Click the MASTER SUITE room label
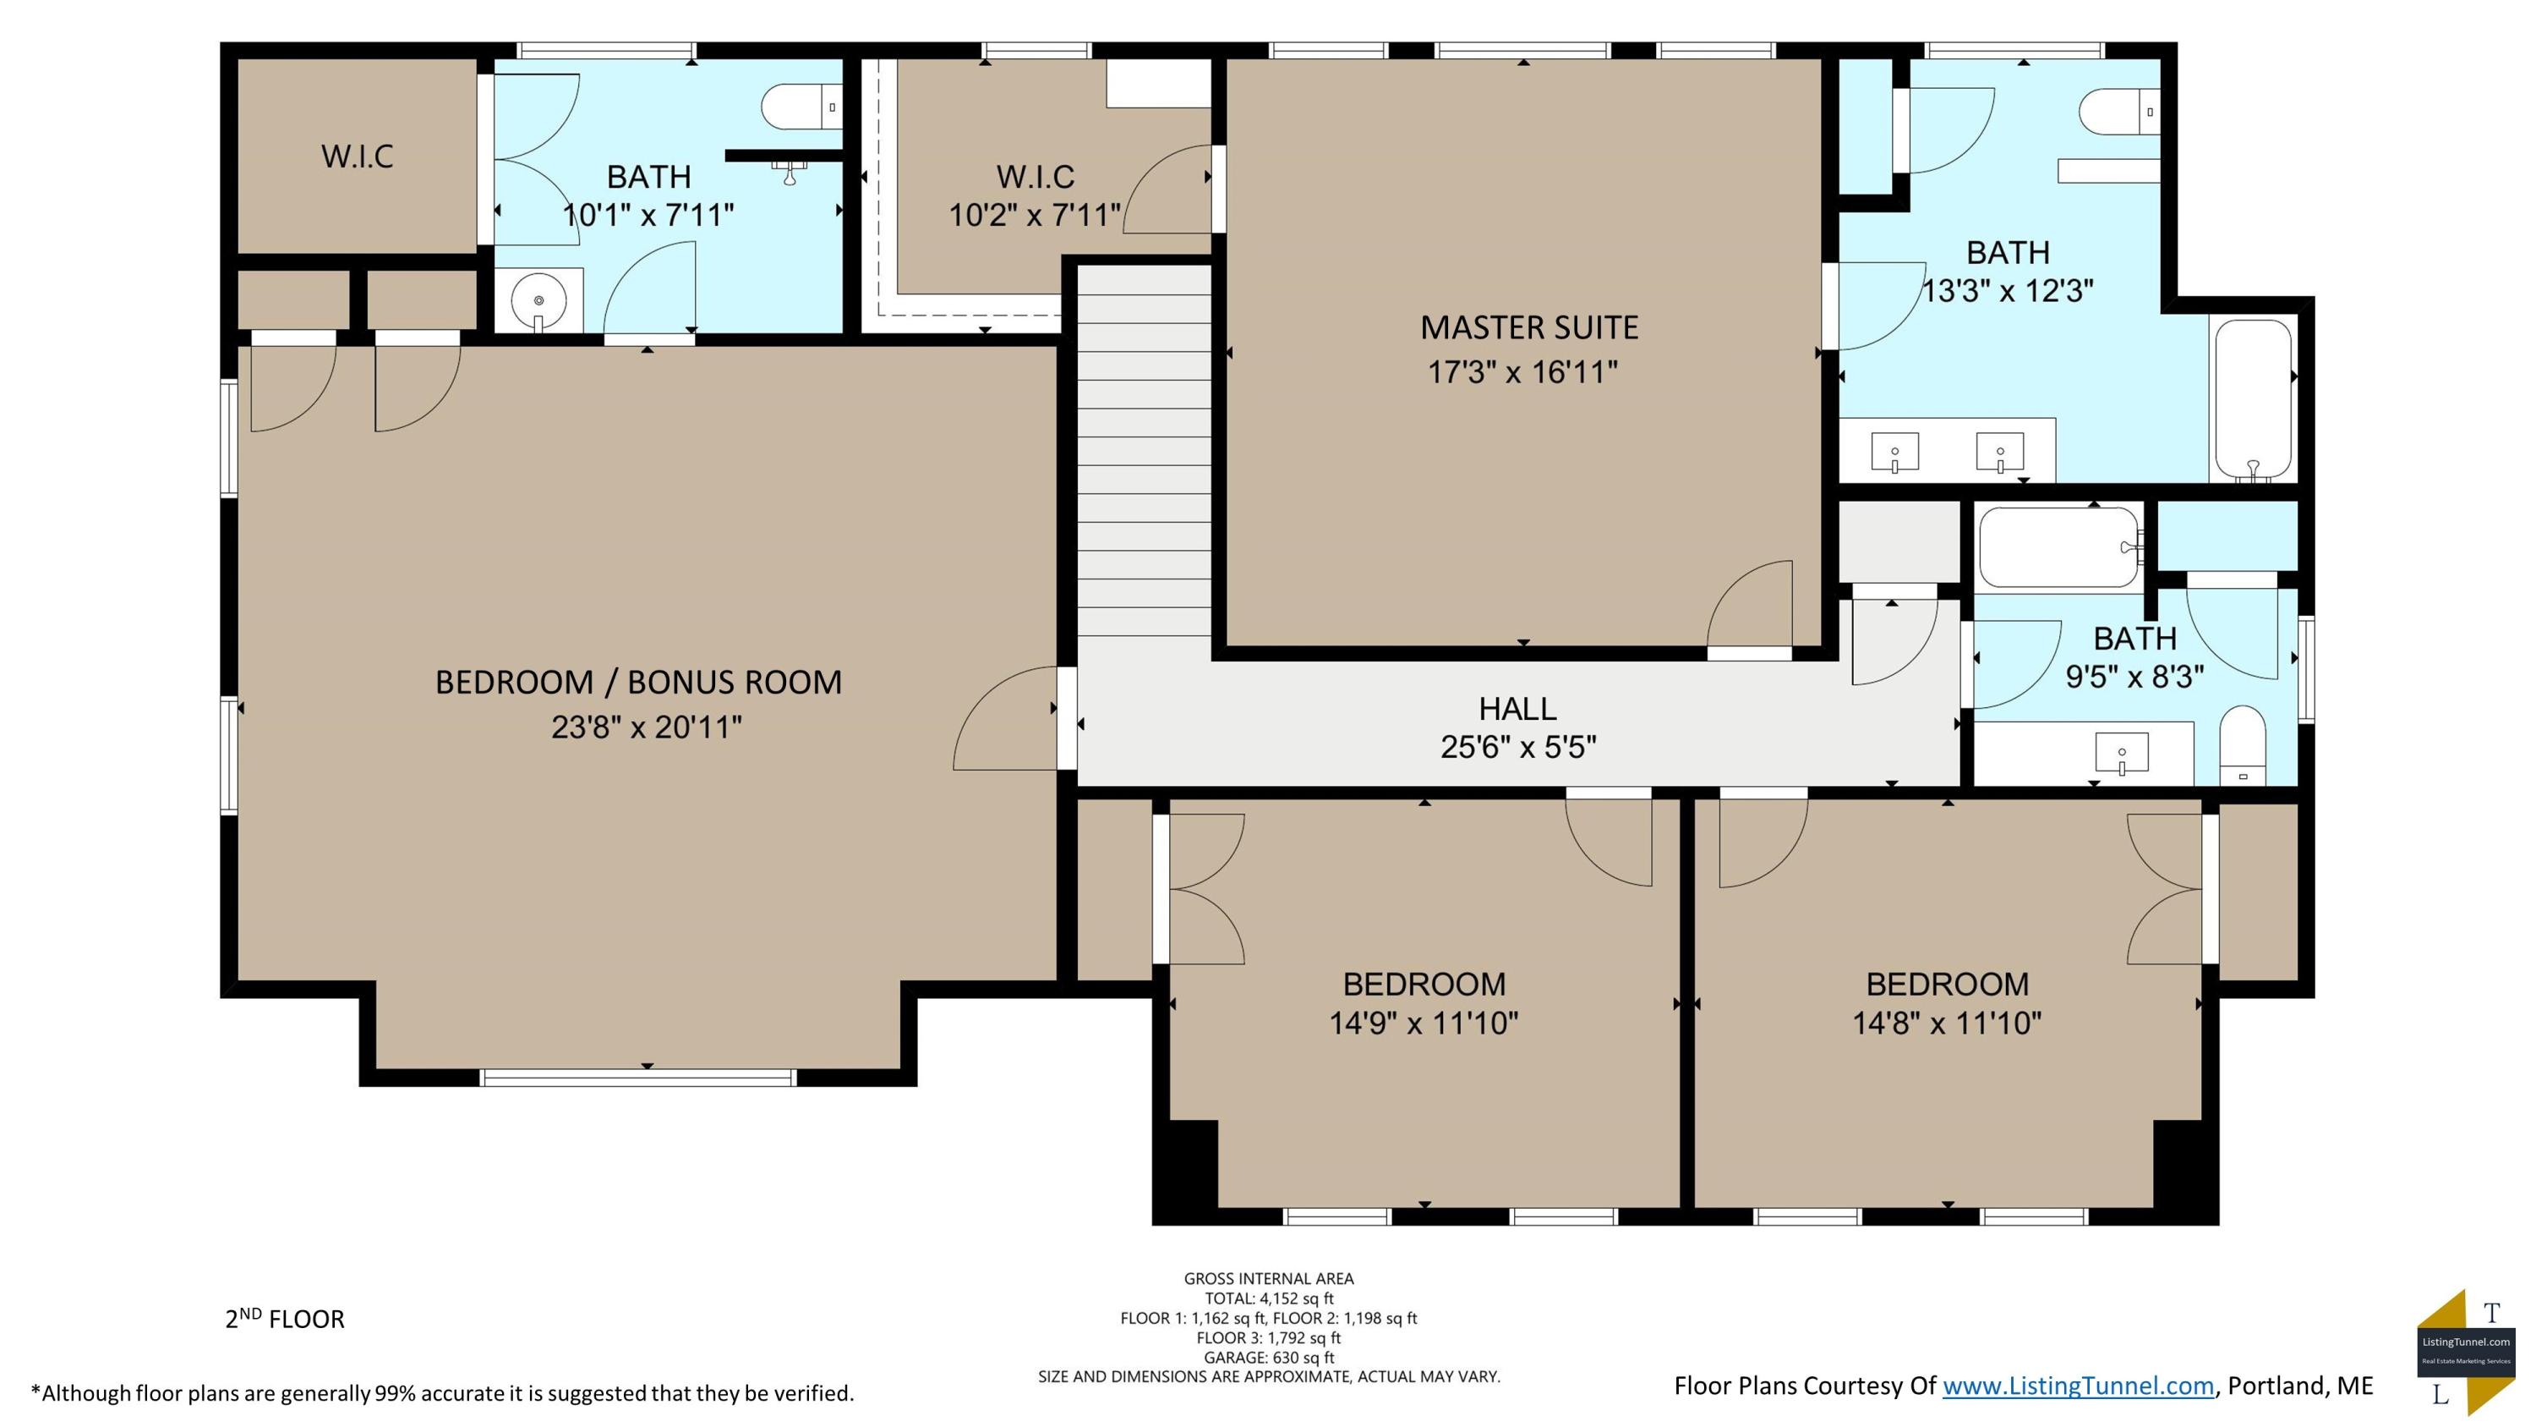[1529, 328]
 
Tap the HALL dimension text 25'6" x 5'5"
[1518, 748]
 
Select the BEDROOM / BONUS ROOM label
[638, 683]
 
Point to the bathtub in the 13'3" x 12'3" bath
[2254, 400]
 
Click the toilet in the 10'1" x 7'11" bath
[802, 107]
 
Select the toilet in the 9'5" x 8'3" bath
[2243, 744]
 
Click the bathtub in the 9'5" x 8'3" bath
[2059, 547]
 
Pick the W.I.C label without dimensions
[358, 156]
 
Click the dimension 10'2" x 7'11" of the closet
[1035, 215]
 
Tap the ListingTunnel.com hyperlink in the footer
[2078, 1386]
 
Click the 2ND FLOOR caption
[285, 1319]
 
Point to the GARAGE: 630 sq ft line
[1269, 1357]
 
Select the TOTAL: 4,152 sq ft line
[1269, 1298]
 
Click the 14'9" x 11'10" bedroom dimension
[1424, 1024]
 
